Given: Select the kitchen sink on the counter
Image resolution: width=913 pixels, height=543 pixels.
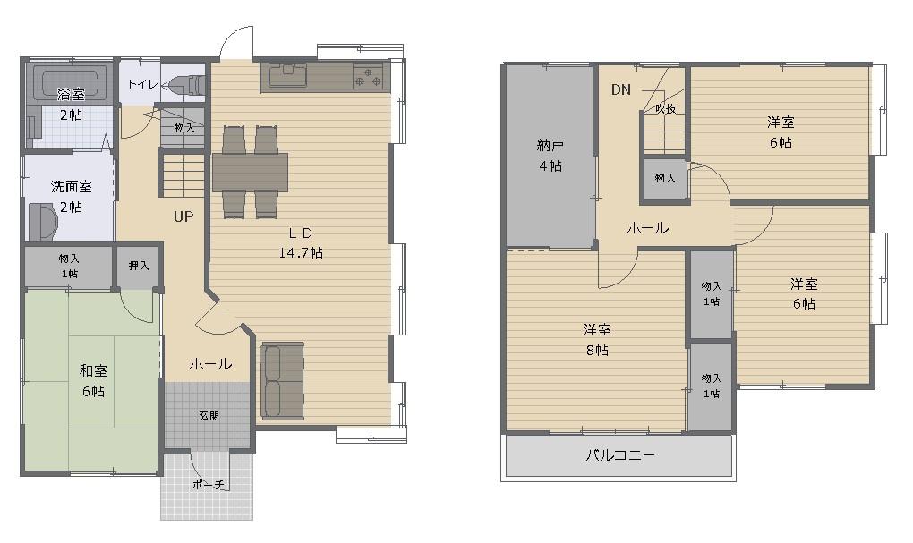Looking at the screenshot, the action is click(287, 74).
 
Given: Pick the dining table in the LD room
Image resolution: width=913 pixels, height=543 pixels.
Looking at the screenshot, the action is click(250, 173).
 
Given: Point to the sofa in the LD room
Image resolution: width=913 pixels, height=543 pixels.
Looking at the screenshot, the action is click(282, 380).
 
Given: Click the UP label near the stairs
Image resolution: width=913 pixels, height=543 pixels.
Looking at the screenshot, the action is click(183, 216).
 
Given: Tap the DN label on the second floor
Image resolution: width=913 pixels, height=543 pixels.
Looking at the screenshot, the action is click(620, 89).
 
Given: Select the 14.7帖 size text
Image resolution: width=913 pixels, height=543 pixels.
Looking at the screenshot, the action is click(301, 253).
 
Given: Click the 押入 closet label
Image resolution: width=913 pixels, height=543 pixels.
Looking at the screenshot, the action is click(139, 266).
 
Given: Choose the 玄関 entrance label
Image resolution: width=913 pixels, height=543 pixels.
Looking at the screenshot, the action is click(209, 416).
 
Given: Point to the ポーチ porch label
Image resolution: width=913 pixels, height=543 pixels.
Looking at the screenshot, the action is click(209, 484).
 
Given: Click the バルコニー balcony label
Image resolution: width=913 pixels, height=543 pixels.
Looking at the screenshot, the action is click(620, 454).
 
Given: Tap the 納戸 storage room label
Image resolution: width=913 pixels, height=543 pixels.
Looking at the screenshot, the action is click(550, 145).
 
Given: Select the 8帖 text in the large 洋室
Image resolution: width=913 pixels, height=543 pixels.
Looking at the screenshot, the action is click(597, 351).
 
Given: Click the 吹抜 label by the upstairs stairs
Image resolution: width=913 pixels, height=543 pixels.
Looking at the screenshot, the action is click(666, 109).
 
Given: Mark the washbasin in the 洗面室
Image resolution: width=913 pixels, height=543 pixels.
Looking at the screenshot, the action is click(42, 221).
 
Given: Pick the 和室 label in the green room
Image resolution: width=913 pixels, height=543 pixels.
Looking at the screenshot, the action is click(93, 370).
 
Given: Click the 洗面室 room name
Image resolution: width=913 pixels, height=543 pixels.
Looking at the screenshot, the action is click(71, 187).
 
